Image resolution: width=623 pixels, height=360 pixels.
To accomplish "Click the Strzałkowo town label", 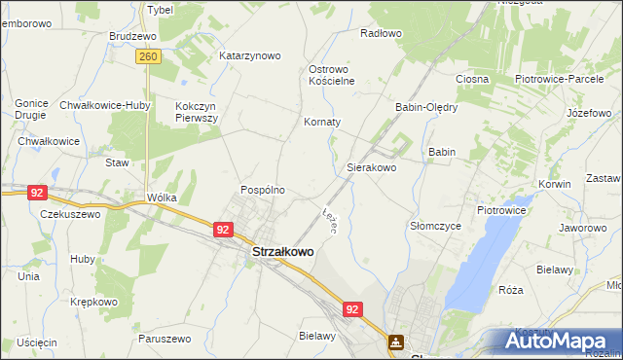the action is (282, 251).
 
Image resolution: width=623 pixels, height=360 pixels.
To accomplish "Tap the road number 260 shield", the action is (148, 57).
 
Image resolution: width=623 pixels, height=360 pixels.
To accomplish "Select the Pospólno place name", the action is (263, 190).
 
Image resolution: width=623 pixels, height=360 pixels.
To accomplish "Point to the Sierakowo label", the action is (372, 167).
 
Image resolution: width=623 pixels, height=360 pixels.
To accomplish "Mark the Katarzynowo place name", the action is (250, 55).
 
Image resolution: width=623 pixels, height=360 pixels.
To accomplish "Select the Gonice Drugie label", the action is (32, 108).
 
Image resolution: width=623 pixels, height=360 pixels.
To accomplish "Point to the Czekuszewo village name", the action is (70, 214).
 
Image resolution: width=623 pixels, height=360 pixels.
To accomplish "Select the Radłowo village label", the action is (381, 33).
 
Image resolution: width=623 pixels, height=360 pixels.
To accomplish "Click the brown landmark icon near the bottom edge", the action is (396, 342).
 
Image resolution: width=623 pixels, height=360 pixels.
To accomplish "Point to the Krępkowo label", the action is (93, 302).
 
